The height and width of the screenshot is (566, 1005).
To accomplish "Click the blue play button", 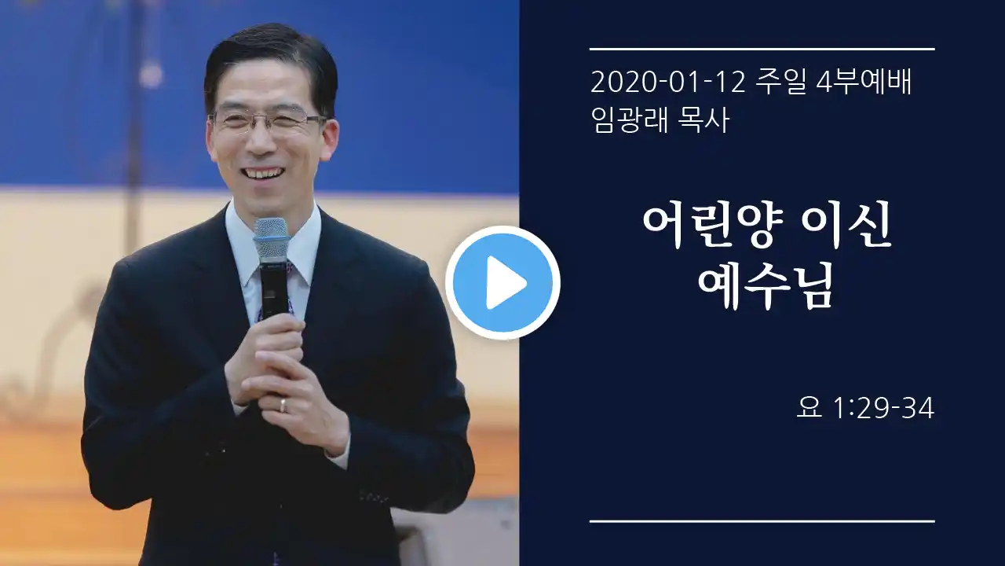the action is click(x=502, y=282).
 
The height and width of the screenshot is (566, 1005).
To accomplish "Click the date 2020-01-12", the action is click(x=667, y=83).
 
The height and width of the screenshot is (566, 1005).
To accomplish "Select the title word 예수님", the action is click(x=766, y=285).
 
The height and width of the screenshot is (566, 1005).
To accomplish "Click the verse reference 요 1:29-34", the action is click(x=865, y=408).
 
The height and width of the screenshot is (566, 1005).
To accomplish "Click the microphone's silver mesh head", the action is click(x=271, y=239).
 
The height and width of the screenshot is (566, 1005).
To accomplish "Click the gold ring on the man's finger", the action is click(x=282, y=404).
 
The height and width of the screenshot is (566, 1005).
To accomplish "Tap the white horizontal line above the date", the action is click(x=762, y=49).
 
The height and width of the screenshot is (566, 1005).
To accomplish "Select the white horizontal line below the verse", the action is click(x=762, y=521).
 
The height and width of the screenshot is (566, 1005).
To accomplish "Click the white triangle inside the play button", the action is click(x=505, y=282).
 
